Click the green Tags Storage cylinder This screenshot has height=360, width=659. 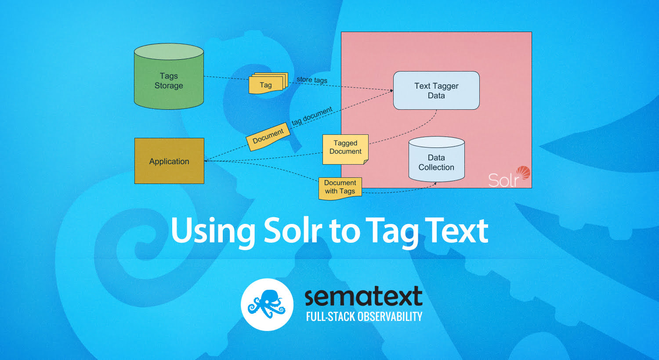pos(169,76)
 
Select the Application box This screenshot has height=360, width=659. pos(169,161)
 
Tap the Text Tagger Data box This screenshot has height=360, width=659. pos(436,90)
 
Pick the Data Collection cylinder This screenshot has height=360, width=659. pos(437,159)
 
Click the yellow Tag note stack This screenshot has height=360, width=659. pos(268,83)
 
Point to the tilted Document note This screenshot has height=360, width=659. pos(268,137)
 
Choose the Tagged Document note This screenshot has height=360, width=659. pos(345,149)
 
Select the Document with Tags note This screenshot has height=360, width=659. pos(340,188)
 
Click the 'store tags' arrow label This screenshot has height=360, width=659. pos(312,79)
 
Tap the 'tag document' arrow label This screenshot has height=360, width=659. pos(312,116)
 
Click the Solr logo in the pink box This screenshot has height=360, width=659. pos(509,176)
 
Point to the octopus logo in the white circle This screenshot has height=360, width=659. pos(267,304)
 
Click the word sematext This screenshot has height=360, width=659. pos(364,296)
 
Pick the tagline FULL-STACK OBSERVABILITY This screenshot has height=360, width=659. pos(364,317)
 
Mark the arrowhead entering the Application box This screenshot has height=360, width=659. pos(206,161)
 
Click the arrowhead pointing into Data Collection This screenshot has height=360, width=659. pos(435,184)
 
